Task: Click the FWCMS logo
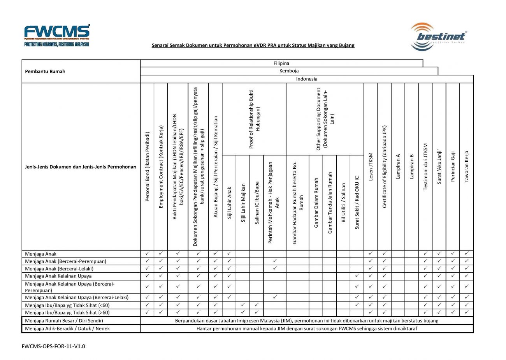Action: click(57, 35)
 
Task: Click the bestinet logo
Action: click(439, 37)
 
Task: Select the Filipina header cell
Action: click(281, 63)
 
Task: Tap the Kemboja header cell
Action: click(289, 71)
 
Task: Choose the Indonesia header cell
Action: click(306, 79)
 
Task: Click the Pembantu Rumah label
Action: click(45, 71)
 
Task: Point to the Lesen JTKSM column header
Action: click(371, 166)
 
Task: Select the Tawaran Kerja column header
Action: click(466, 166)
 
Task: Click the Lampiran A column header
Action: click(398, 166)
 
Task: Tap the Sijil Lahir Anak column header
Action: click(229, 203)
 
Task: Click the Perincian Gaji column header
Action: click(453, 166)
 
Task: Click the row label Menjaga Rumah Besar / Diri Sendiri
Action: click(64, 321)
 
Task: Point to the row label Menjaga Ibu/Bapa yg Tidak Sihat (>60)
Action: click(67, 312)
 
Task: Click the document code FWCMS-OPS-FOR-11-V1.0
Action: click(53, 346)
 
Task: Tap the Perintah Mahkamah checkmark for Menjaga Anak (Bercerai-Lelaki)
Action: click(275, 268)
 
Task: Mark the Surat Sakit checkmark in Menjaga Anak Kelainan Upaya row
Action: click(357, 276)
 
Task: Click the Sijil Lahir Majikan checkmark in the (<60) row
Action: click(243, 305)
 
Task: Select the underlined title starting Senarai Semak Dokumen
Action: click(253, 45)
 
